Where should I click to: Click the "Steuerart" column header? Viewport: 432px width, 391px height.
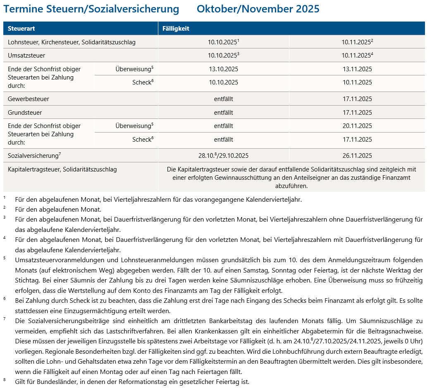(x=20, y=29)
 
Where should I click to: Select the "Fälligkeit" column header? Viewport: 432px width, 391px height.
(x=176, y=29)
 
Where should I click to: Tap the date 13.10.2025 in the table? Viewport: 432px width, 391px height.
(x=223, y=69)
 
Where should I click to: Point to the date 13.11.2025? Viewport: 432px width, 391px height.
(x=357, y=69)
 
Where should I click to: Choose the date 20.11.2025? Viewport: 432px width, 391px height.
(x=357, y=126)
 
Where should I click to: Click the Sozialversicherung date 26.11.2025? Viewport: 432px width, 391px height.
(x=357, y=156)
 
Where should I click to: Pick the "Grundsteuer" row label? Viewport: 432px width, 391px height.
(x=25, y=113)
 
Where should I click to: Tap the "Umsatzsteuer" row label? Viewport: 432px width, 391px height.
(x=26, y=56)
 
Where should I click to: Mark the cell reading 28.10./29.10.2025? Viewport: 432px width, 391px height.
(x=223, y=156)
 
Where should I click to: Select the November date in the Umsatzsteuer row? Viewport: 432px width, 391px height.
(x=356, y=56)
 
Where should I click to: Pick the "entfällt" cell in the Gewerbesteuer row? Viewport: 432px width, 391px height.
(x=223, y=99)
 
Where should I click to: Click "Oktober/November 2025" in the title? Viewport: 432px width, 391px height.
(x=258, y=9)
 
